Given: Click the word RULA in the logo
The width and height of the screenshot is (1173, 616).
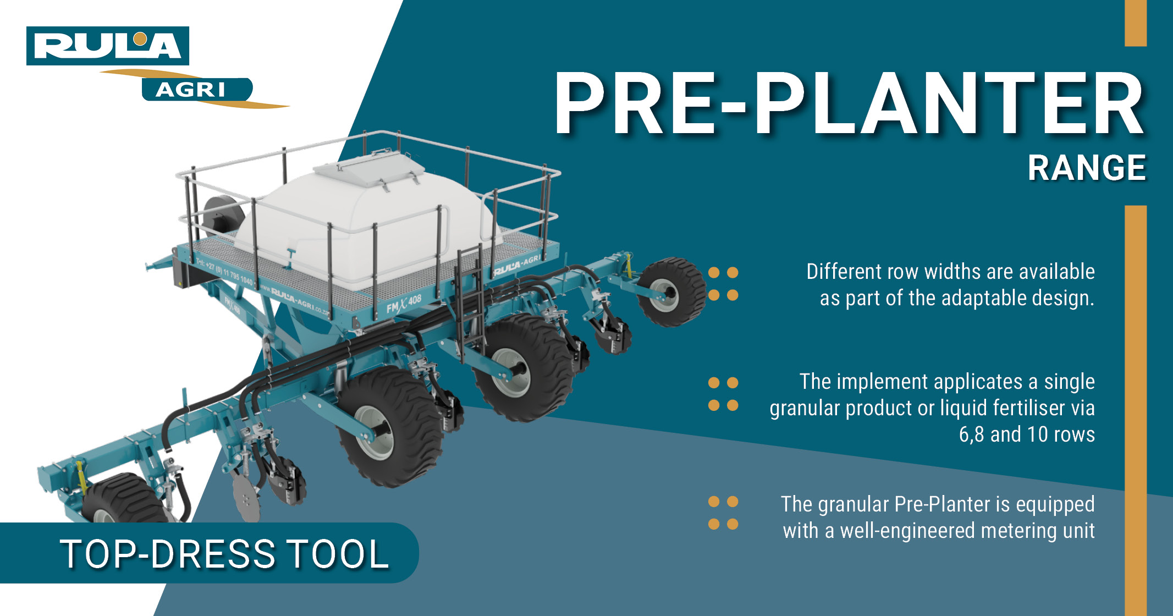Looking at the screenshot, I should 107,46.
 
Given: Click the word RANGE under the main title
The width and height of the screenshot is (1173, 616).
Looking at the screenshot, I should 1087,168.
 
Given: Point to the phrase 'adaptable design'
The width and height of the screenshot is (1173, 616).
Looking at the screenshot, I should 1001,298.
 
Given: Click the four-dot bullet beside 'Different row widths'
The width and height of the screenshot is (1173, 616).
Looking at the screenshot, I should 723,284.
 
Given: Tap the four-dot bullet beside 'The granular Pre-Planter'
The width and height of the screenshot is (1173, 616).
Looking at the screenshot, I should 723,513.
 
